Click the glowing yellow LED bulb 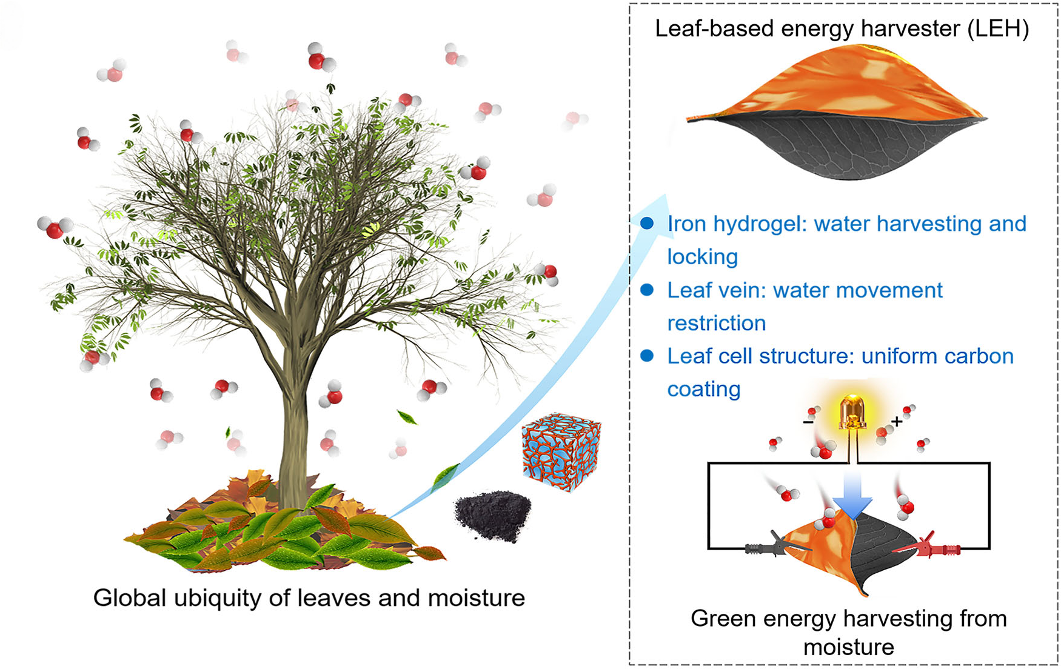click(x=852, y=413)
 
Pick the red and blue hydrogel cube click(x=561, y=451)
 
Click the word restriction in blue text click(x=716, y=323)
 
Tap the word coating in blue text click(x=703, y=389)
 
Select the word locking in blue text click(x=702, y=257)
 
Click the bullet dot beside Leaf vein click(x=647, y=290)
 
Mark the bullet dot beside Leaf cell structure click(x=647, y=356)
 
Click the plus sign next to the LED click(x=897, y=421)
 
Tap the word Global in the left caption click(x=129, y=597)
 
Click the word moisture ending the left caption click(x=476, y=597)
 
